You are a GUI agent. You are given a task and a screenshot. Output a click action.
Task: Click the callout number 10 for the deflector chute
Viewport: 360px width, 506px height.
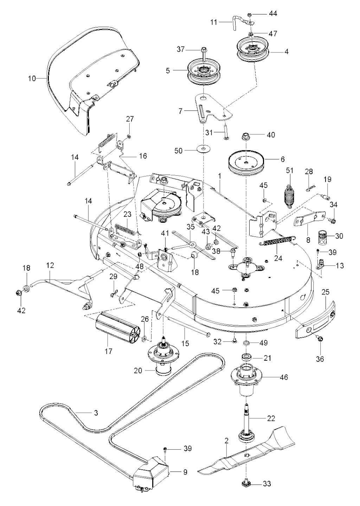point(32,78)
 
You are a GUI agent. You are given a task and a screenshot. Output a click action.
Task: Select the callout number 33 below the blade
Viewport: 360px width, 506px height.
point(267,484)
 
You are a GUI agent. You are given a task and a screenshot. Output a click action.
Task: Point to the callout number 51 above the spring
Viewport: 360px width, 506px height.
point(290,171)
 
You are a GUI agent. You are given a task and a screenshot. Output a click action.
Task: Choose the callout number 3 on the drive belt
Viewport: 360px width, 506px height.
point(96,413)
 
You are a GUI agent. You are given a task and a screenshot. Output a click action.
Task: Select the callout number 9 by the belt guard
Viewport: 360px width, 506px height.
point(185,472)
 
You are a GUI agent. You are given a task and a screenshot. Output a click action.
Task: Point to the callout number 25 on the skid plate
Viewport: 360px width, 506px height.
point(325,292)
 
